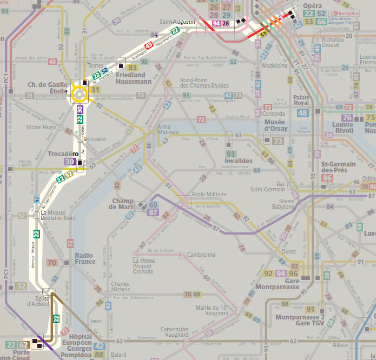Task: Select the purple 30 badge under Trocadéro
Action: [69, 161]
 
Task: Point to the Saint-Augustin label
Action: [177, 22]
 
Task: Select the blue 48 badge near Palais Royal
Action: [302, 113]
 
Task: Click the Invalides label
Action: [238, 161]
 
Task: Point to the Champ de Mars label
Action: [123, 204]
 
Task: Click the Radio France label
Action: [84, 258]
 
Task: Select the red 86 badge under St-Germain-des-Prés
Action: [327, 178]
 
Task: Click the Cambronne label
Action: [201, 255]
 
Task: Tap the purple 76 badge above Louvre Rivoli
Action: [347, 117]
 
